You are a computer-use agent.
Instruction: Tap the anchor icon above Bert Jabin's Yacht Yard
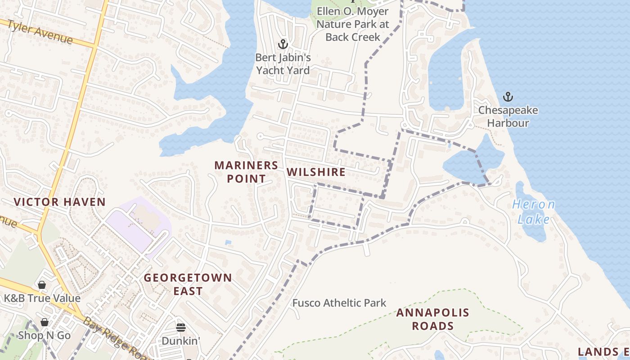283,44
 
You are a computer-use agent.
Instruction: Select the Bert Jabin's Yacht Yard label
283,64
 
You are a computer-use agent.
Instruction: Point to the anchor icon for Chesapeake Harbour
508,97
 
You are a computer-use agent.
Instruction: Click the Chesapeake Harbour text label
508,117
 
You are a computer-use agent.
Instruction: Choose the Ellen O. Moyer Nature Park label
353,24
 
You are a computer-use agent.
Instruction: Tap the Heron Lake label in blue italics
534,212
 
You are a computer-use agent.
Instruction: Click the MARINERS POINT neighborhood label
246,172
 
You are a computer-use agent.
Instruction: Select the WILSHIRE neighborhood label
316,172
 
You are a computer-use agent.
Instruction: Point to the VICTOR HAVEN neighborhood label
60,202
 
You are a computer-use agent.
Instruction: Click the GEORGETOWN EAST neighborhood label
188,284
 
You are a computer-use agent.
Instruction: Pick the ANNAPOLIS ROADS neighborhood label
432,319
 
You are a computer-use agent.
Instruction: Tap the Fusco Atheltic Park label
339,303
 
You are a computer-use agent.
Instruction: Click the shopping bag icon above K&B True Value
42,285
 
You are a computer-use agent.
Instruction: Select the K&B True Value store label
42,298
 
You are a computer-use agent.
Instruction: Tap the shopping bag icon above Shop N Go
44,322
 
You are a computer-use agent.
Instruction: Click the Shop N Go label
44,335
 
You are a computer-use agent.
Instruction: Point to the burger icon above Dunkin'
180,327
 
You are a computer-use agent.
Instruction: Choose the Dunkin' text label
180,341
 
